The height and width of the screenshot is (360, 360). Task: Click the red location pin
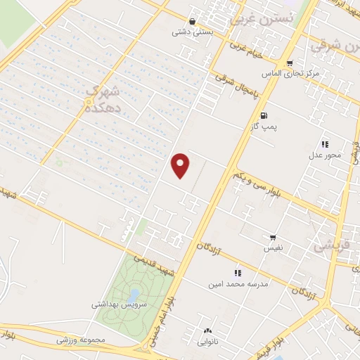pyautogui.click(x=181, y=165)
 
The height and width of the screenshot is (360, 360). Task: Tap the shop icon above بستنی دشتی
pyautogui.click(x=193, y=21)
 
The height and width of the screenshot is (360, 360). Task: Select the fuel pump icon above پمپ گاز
pyautogui.click(x=263, y=115)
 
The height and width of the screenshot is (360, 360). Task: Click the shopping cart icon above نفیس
pyautogui.click(x=273, y=237)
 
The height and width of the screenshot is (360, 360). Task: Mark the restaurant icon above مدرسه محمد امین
pyautogui.click(x=238, y=273)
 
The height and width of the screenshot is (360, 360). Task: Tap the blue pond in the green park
pyautogui.click(x=134, y=294)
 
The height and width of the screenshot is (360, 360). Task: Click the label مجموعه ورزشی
pyautogui.click(x=80, y=340)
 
